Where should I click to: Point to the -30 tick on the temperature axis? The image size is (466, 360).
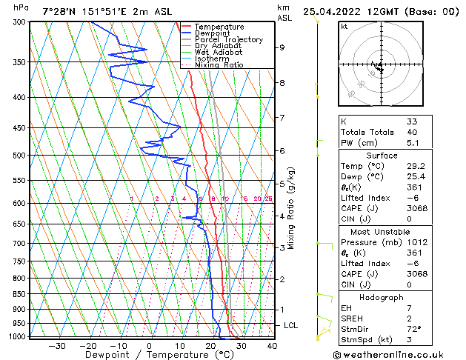(57, 345)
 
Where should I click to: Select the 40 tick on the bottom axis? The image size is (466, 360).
(272, 345)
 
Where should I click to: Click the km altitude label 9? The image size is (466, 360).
(282, 47)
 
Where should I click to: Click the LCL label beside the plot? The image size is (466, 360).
(292, 325)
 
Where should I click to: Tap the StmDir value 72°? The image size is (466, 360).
(413, 329)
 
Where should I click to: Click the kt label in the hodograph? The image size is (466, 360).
(344, 26)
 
